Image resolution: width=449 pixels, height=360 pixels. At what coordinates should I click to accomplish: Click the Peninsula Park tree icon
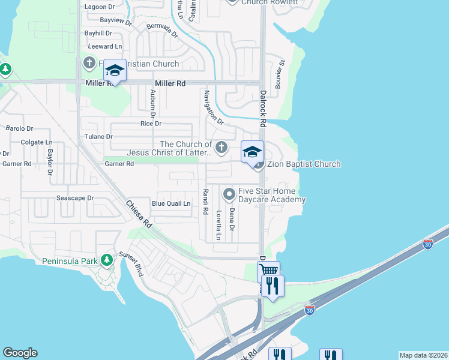click(x=107, y=260)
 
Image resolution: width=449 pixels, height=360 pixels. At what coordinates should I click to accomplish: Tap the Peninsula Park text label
click(x=68, y=261)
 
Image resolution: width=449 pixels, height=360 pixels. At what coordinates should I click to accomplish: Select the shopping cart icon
click(x=268, y=272)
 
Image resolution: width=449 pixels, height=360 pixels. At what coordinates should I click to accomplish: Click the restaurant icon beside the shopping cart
click(x=273, y=286)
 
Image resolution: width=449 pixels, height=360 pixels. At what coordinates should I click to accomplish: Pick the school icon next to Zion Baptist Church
click(x=253, y=151)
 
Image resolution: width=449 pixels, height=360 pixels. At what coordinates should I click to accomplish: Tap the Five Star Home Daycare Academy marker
click(x=229, y=194)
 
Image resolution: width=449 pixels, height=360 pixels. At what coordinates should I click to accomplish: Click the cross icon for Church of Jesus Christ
click(x=221, y=147)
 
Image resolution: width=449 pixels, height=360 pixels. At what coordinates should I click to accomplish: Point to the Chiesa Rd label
click(x=137, y=214)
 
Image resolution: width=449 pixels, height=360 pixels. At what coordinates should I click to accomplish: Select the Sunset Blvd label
click(x=132, y=263)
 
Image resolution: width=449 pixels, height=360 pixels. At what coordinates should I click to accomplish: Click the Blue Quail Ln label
click(x=171, y=203)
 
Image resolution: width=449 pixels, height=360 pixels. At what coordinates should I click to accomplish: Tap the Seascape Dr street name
click(x=75, y=198)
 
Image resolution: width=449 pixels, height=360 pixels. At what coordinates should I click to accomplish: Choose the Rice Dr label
click(x=151, y=124)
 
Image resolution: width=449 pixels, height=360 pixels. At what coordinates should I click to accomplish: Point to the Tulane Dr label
click(x=101, y=137)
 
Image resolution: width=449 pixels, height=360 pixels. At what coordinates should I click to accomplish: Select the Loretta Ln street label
click(x=219, y=225)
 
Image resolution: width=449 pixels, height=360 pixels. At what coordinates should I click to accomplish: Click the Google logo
click(x=20, y=353)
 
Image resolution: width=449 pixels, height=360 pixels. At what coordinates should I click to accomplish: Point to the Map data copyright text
click(x=423, y=355)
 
